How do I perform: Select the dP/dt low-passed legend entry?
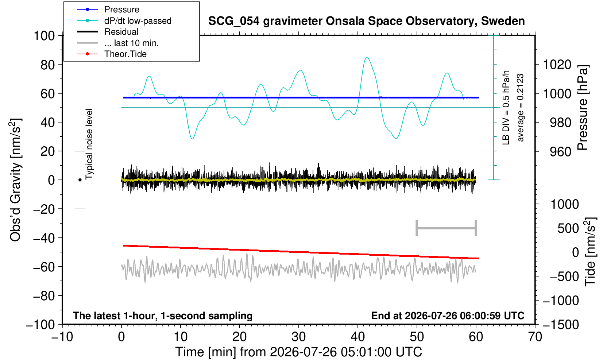[x=124, y=21]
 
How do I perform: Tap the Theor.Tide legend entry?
[x=112, y=54]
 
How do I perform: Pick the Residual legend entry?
[x=108, y=32]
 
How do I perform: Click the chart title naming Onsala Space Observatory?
[x=366, y=21]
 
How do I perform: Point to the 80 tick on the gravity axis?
[x=48, y=65]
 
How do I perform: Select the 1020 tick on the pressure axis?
[x=557, y=65]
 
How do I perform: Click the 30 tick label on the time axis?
[x=298, y=337]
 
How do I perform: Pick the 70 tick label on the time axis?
[x=535, y=337]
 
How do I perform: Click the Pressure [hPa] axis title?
[x=583, y=108]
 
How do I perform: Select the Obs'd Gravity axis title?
[x=15, y=180]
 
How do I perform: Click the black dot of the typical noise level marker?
[x=80, y=180]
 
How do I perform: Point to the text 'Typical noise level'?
[x=89, y=144]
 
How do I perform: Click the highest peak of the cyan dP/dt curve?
[x=367, y=57]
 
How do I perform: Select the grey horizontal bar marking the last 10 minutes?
[x=447, y=228]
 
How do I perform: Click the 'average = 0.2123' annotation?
[x=521, y=108]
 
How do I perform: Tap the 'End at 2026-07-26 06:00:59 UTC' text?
[x=448, y=316]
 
